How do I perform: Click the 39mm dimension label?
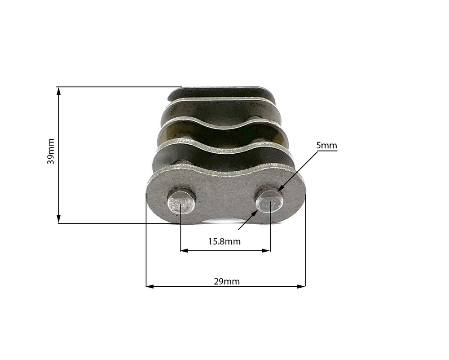click(51, 151)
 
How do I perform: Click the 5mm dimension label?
click(326, 145)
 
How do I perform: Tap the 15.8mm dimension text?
click(224, 242)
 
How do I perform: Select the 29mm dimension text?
click(227, 281)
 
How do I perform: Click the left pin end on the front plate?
click(181, 203)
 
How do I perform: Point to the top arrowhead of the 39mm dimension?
click(59, 91)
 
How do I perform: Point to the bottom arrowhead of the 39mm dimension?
click(59, 219)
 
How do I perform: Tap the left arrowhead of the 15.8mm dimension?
click(184, 250)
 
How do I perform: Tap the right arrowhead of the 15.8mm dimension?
click(266, 250)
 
